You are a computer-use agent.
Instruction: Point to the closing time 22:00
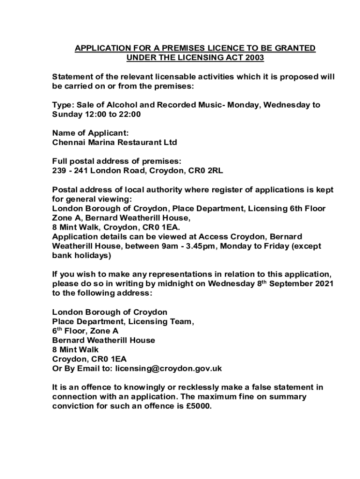click(130, 114)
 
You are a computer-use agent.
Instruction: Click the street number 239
click(59, 171)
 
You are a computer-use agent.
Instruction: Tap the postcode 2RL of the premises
click(215, 171)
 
